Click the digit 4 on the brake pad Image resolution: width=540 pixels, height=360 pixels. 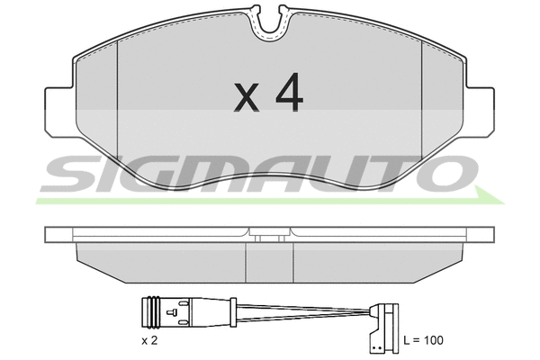coord(289,92)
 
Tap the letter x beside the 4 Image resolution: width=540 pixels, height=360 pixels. coord(247,97)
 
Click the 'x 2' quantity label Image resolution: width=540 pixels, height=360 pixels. coord(149,341)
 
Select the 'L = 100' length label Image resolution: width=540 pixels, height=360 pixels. coord(424,340)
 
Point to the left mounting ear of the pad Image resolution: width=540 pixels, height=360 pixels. coord(59,112)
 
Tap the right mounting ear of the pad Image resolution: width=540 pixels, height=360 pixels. coord(480,112)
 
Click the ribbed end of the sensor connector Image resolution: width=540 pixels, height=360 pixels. coord(150,312)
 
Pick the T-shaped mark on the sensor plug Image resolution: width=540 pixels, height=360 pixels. coord(172,312)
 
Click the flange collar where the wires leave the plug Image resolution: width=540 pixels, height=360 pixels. coord(233,312)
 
